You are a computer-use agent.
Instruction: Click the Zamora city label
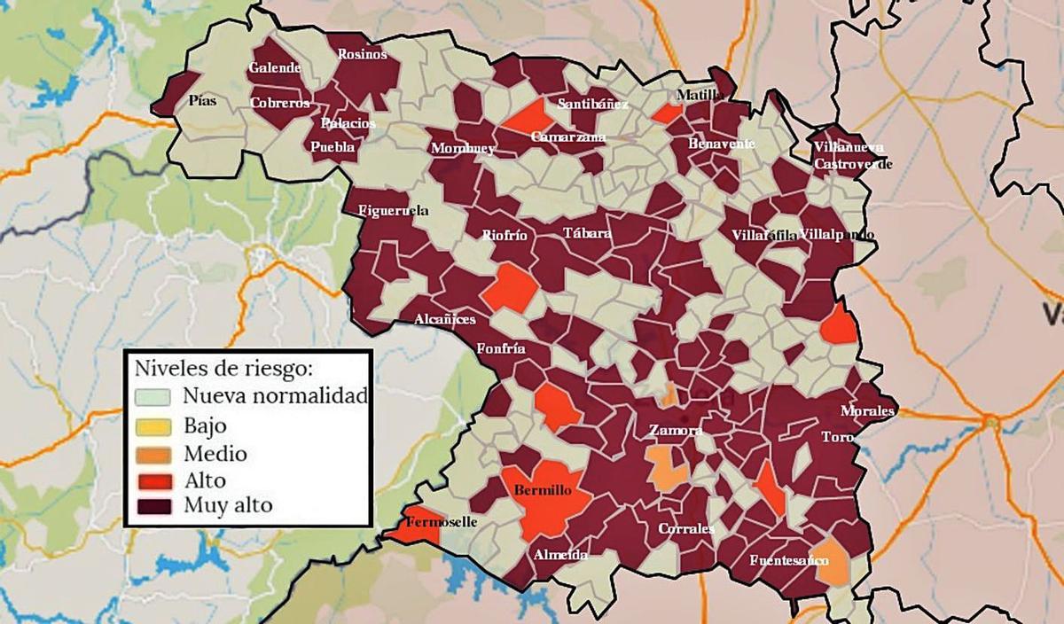click(x=676, y=431)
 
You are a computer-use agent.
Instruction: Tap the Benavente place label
click(x=722, y=144)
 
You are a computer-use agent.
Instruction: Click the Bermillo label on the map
click(x=543, y=490)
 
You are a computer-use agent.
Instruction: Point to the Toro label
click(x=837, y=438)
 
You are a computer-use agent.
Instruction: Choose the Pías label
click(x=202, y=101)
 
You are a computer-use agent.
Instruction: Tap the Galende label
click(x=275, y=68)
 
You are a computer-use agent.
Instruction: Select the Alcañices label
click(x=445, y=319)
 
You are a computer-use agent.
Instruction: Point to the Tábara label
click(x=587, y=234)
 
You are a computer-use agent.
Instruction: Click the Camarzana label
click(x=568, y=137)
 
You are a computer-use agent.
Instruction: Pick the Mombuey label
click(x=462, y=149)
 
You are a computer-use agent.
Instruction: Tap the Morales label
click(x=869, y=412)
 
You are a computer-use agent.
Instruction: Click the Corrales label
click(x=685, y=529)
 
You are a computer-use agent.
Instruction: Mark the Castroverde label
click(x=852, y=165)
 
